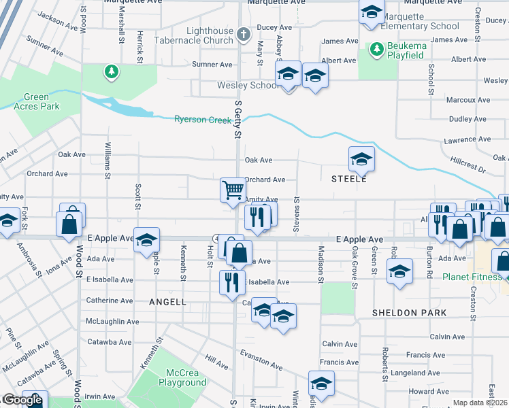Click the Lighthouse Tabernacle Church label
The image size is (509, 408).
(x=200, y=36)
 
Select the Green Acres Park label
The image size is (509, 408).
(x=41, y=102)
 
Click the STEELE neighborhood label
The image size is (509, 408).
(x=349, y=180)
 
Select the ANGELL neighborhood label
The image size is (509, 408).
(x=166, y=301)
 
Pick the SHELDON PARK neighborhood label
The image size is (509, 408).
(x=410, y=313)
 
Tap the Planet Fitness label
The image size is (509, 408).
(x=472, y=277)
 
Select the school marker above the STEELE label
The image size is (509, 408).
(x=361, y=160)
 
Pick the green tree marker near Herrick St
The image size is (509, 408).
(x=111, y=71)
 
